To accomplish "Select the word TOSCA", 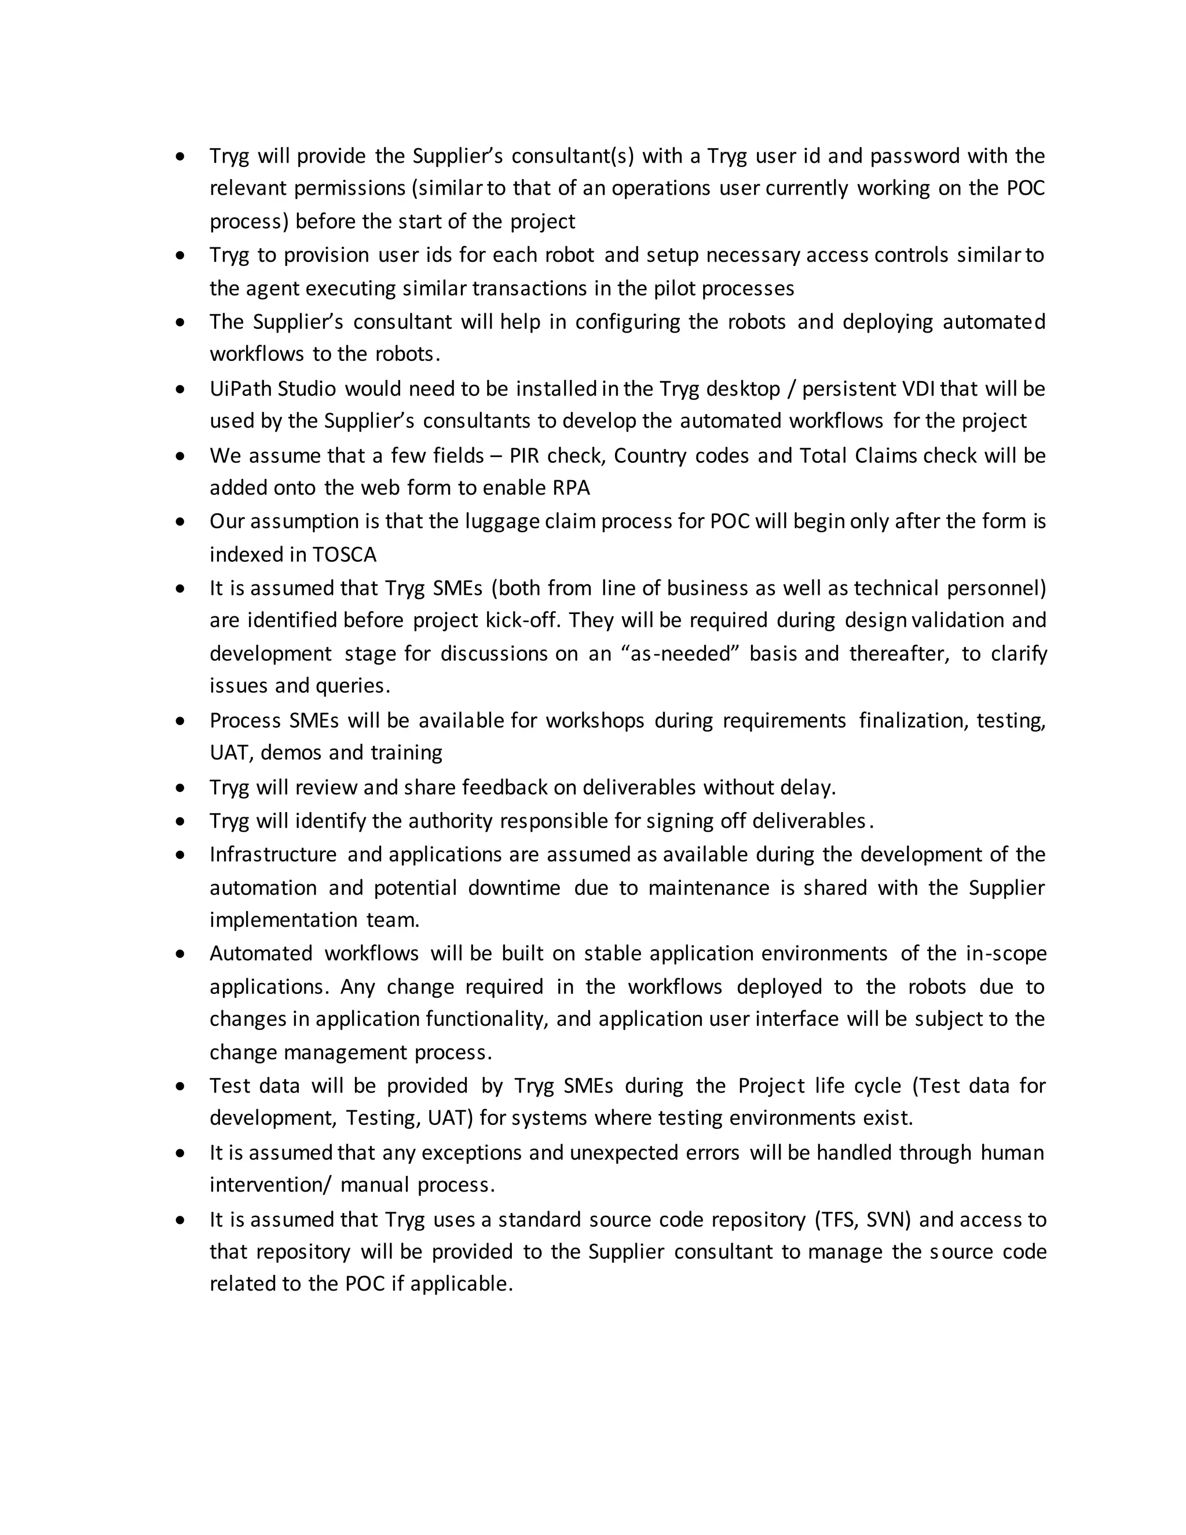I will (x=345, y=554).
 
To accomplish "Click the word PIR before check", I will (x=524, y=455).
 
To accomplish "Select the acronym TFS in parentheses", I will (x=837, y=1219).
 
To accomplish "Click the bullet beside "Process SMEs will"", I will (x=181, y=721).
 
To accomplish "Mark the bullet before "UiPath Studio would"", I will (x=181, y=389).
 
